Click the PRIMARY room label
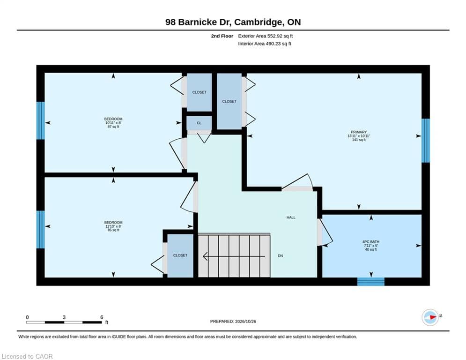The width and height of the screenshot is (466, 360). pos(359,132)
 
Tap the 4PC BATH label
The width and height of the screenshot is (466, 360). pos(371,242)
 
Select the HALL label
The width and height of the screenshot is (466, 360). pos(291,217)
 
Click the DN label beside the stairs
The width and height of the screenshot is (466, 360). pos(280,256)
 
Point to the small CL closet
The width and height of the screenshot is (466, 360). pos(199,123)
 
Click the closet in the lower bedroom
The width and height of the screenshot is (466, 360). pos(180,256)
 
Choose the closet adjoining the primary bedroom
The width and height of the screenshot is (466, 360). pos(229,101)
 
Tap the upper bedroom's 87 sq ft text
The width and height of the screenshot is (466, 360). pos(113,127)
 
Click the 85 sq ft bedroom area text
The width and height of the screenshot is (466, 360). pos(113,230)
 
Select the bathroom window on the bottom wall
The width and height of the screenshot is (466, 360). pos(370,281)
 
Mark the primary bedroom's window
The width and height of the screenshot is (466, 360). pos(426,141)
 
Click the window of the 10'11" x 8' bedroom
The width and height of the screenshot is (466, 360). pos(40,120)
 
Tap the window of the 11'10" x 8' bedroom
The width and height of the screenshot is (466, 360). pos(40,229)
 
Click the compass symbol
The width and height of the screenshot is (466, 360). pos(430,317)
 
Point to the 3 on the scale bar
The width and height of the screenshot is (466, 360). pos(64,317)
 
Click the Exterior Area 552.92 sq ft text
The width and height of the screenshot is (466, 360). pos(266,36)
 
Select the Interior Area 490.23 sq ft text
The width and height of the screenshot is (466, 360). pos(265,44)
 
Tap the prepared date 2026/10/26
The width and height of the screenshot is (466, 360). pos(245,321)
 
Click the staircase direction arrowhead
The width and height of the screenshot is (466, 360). pos(205,256)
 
